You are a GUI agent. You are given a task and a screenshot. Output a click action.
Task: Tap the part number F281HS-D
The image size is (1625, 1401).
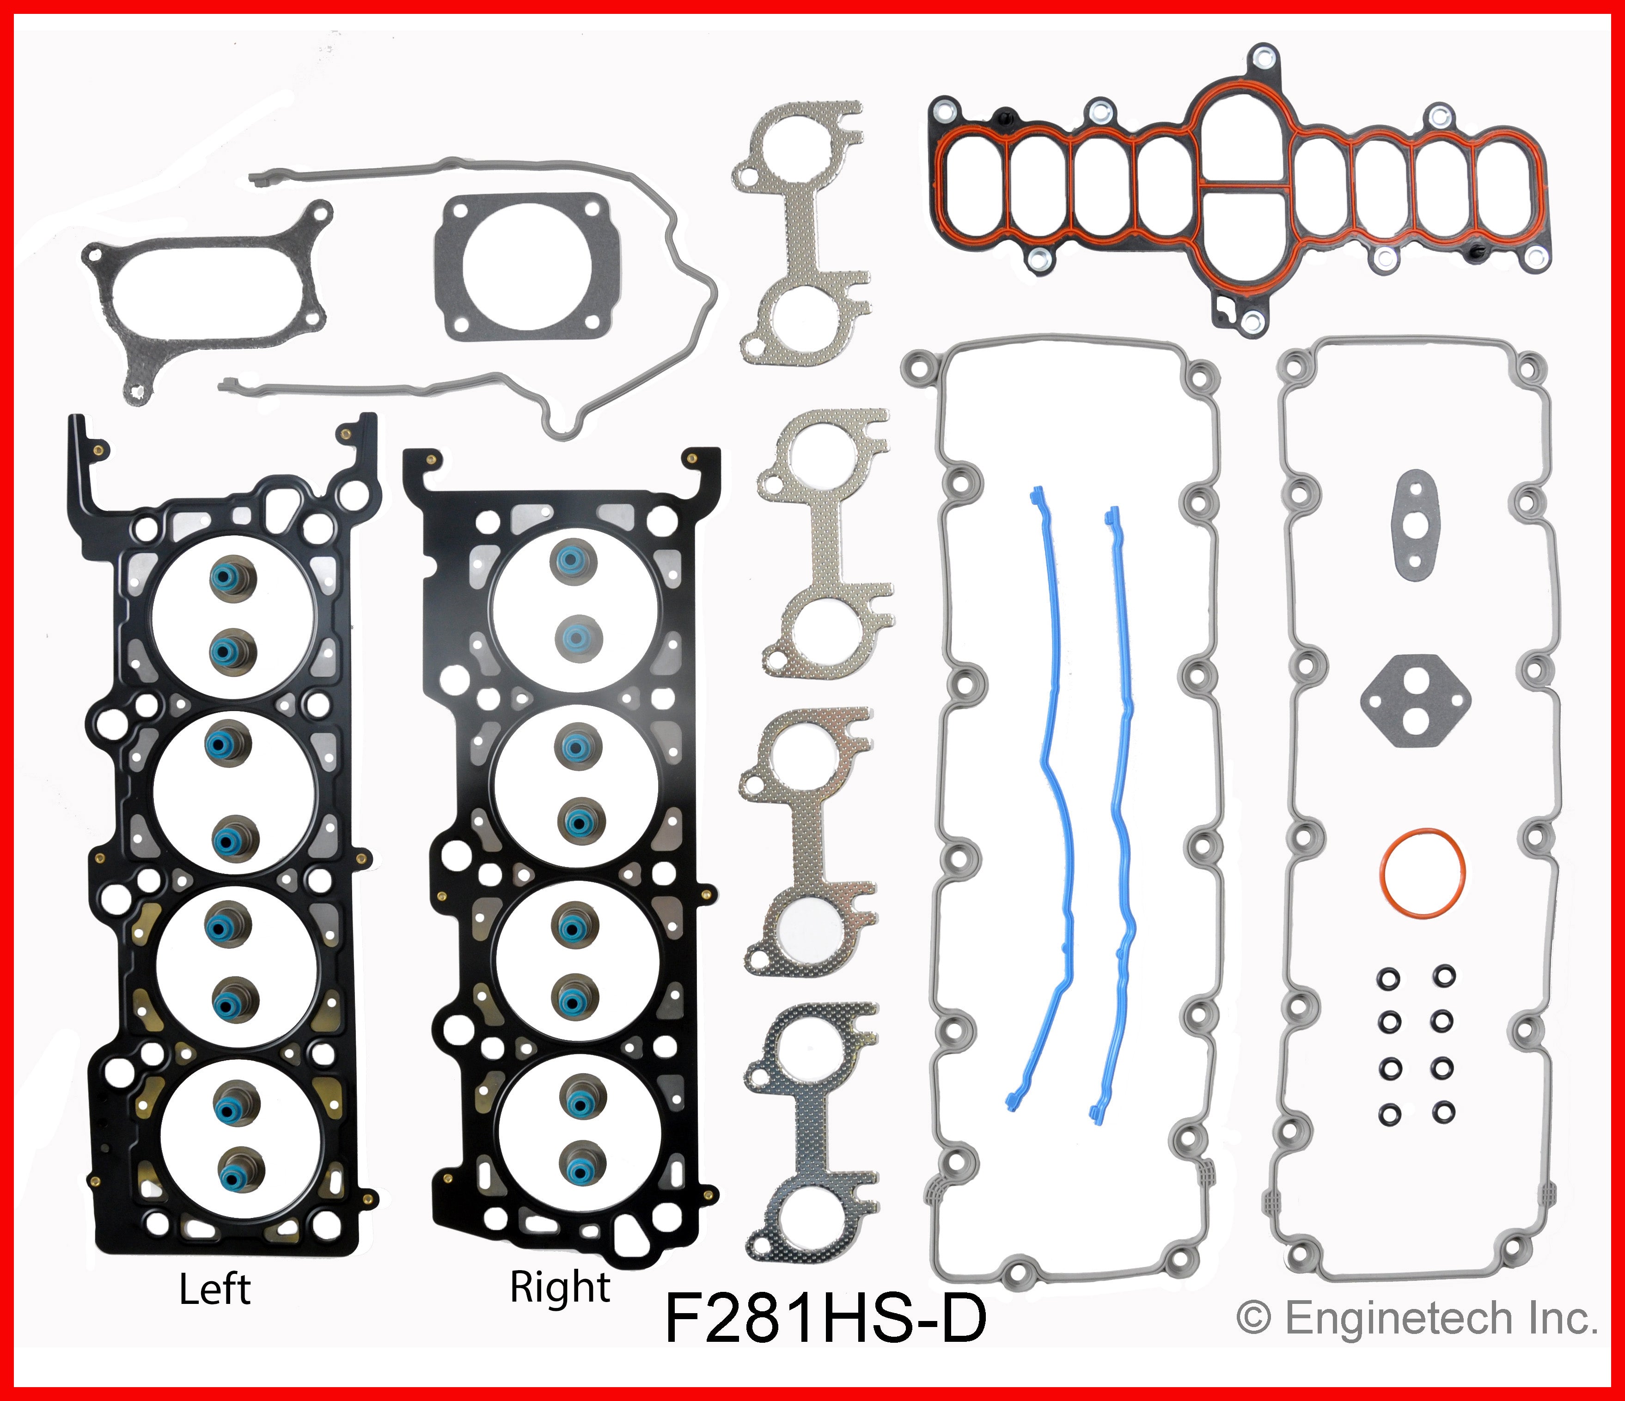tap(825, 1320)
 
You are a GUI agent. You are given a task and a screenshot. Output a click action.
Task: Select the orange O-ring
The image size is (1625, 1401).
tap(1422, 872)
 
